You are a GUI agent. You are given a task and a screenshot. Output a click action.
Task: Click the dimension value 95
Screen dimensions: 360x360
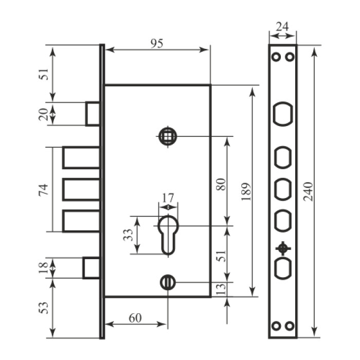157,43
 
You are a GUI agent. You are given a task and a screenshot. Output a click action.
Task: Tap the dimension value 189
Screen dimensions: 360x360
246,192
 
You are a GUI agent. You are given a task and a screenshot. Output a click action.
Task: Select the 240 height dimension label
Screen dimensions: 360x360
308,192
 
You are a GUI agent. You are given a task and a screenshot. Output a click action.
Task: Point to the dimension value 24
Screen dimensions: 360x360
282,27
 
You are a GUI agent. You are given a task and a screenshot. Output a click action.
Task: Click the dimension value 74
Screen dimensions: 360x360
44,189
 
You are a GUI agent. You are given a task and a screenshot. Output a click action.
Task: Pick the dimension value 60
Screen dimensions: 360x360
135,318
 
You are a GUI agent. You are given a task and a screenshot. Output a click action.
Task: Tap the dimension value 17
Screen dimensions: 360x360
168,197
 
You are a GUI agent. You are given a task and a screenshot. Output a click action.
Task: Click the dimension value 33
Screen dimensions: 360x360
128,235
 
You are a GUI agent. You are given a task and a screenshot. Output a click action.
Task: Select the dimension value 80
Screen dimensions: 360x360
221,184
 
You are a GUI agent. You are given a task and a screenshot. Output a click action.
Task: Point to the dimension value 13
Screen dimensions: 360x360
221,289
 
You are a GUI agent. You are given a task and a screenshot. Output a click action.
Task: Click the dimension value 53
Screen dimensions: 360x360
44,308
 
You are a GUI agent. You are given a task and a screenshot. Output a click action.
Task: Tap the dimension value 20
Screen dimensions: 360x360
43,114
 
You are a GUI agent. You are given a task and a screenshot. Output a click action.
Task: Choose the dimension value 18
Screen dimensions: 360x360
43,268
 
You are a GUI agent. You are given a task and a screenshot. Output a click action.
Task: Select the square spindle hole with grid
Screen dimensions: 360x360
168,136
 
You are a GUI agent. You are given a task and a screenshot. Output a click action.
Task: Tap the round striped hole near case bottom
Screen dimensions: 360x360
168,282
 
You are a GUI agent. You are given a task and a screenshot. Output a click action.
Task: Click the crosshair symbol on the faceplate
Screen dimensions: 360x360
283,248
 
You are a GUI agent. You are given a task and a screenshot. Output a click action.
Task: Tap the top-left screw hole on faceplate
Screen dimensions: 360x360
276,57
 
